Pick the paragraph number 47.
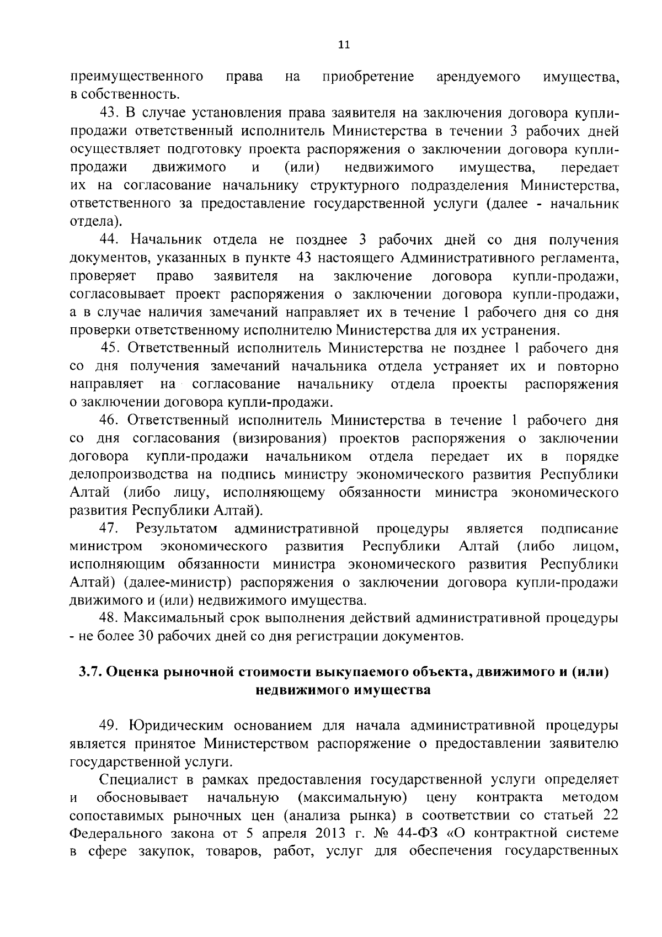coord(109,529)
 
